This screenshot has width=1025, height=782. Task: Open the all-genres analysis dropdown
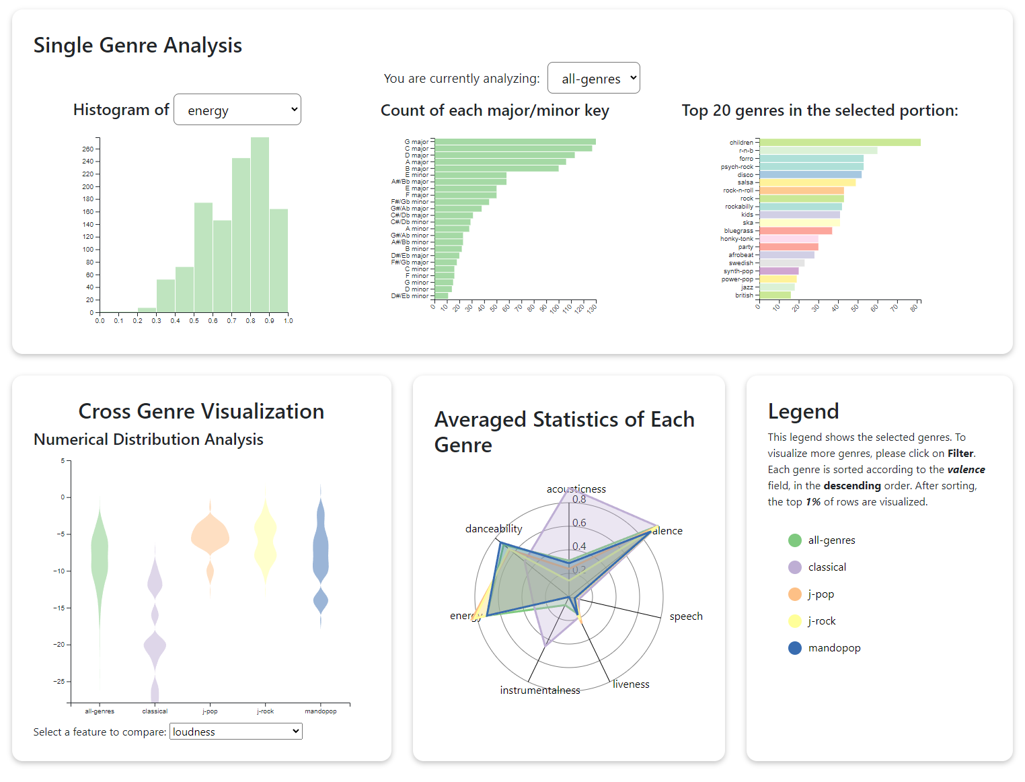[x=593, y=78]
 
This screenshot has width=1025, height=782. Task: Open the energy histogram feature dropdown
[x=237, y=110]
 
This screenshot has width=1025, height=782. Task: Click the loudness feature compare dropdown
[x=235, y=732]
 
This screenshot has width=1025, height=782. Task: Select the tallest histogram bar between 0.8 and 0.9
[x=260, y=225]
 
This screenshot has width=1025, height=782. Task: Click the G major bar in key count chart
[x=515, y=142]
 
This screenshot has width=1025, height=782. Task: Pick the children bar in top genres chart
[x=839, y=143]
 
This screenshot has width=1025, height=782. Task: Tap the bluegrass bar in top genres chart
[x=796, y=231]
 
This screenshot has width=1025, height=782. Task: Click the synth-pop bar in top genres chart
[x=779, y=271]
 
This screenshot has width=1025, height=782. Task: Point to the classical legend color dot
[x=794, y=567]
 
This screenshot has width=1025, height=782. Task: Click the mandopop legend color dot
[x=794, y=648]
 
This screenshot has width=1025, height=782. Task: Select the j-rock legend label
[x=822, y=621]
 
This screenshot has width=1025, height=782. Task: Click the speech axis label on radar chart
[x=685, y=616]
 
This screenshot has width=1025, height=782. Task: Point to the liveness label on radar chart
[x=631, y=684]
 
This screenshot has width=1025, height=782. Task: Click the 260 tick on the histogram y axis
[x=87, y=149]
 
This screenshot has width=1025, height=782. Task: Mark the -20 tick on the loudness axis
[x=59, y=645]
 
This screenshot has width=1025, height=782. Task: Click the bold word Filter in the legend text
[x=960, y=454]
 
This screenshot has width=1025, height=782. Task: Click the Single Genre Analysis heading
[x=138, y=45]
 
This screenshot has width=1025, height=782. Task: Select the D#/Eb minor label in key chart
[x=410, y=296]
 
